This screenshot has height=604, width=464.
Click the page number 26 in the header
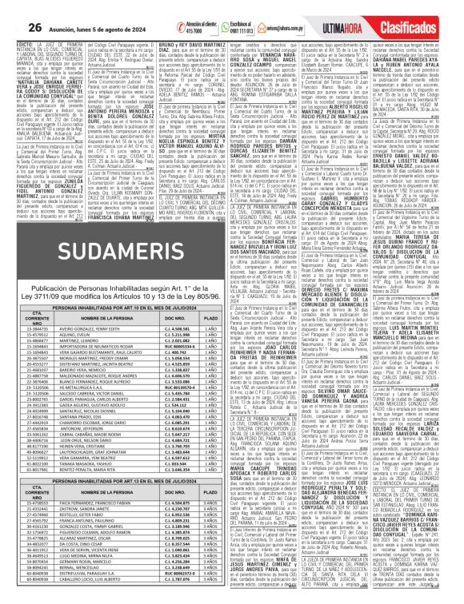click(13, 7)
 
